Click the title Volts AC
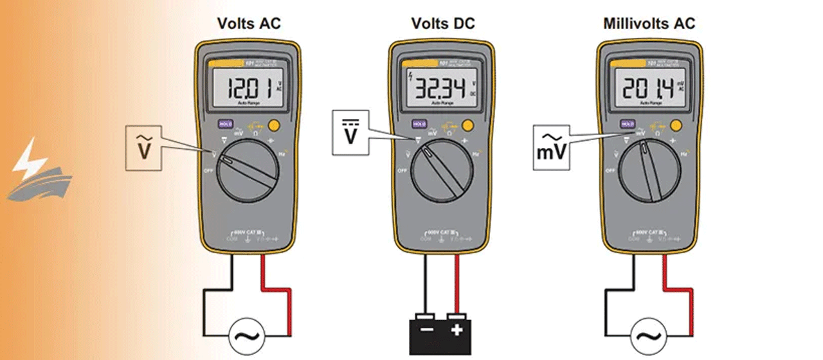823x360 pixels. [x=249, y=24]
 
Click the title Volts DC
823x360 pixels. [x=443, y=24]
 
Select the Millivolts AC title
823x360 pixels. [x=649, y=24]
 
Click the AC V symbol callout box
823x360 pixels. [x=142, y=147]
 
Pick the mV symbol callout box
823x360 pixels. [x=550, y=147]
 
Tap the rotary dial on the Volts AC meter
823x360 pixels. [x=247, y=168]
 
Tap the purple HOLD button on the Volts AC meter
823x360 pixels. [x=225, y=123]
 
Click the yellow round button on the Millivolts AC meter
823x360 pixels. [x=676, y=125]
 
